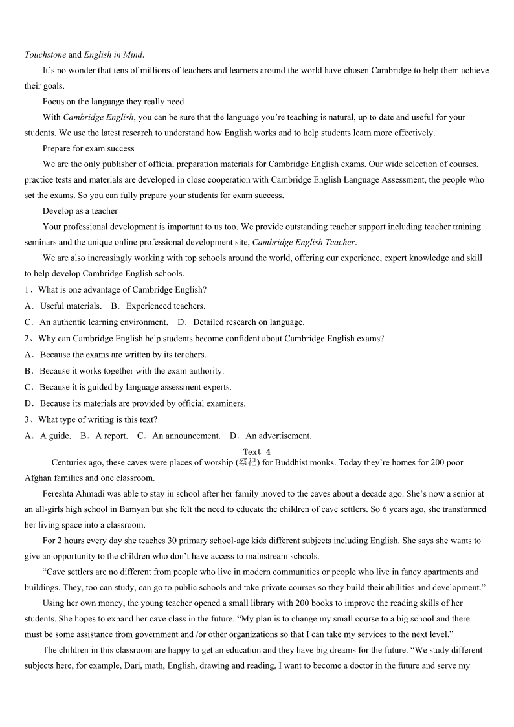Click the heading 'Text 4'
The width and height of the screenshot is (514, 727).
[x=257, y=452]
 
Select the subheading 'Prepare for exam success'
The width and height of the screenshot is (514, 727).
[x=89, y=148]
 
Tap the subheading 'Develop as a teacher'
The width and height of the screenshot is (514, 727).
[x=80, y=210]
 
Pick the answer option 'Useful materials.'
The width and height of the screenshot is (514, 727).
[x=71, y=306]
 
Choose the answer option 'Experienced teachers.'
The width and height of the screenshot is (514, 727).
[x=165, y=306]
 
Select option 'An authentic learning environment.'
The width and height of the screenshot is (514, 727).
[x=104, y=322]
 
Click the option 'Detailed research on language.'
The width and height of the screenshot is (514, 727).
[x=249, y=322]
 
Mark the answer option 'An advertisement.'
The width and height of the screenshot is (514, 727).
[x=278, y=436]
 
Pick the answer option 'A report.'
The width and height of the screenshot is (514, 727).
[x=111, y=436]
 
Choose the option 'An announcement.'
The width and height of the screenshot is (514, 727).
[x=186, y=436]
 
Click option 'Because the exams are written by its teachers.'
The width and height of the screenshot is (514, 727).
[x=123, y=355]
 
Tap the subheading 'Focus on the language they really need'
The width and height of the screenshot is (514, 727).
[x=113, y=101]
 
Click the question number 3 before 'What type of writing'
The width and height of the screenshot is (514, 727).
[x=27, y=419]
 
